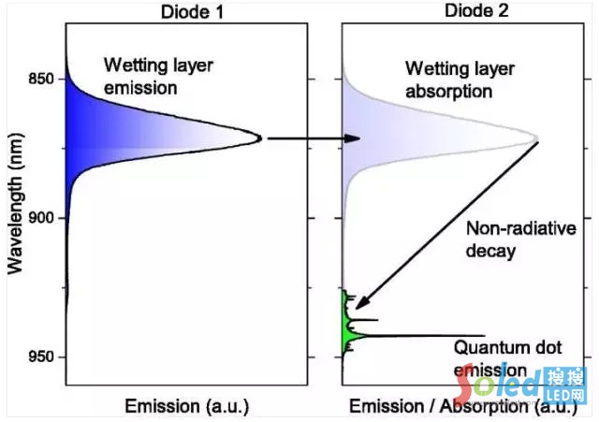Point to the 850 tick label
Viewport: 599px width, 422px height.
[43, 78]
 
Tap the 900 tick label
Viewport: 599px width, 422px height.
[43, 217]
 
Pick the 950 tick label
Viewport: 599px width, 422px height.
[43, 357]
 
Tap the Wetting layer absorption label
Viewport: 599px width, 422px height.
[449, 80]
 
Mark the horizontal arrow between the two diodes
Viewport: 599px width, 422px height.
[314, 138]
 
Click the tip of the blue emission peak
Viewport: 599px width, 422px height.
[260, 138]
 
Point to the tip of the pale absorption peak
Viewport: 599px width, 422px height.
[536, 139]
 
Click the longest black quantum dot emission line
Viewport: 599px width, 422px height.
[421, 335]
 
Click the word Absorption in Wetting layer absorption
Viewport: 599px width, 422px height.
[460, 92]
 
